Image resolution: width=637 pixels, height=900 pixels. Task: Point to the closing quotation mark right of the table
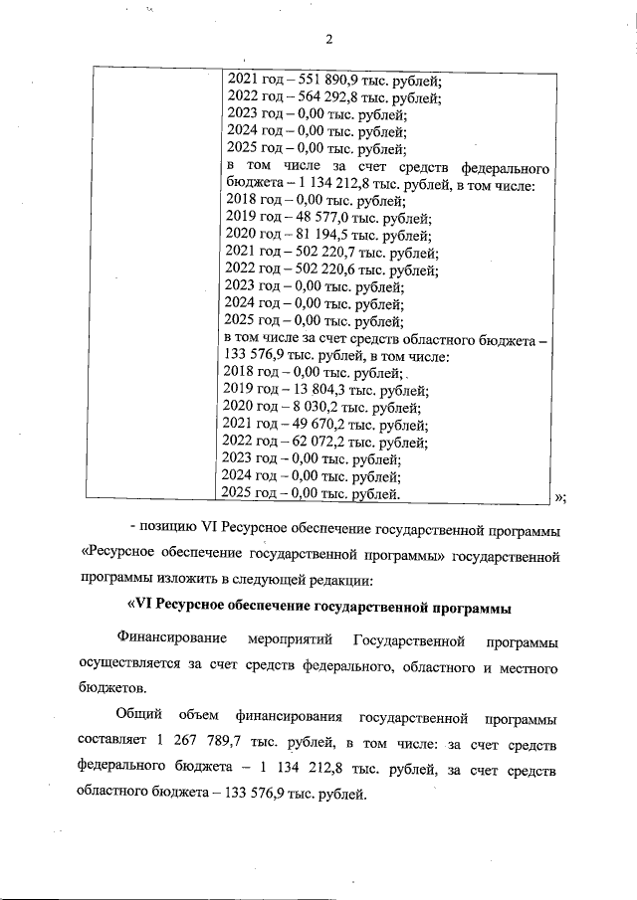pyautogui.click(x=559, y=497)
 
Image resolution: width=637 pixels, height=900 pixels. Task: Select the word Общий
pyautogui.click(x=137, y=717)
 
